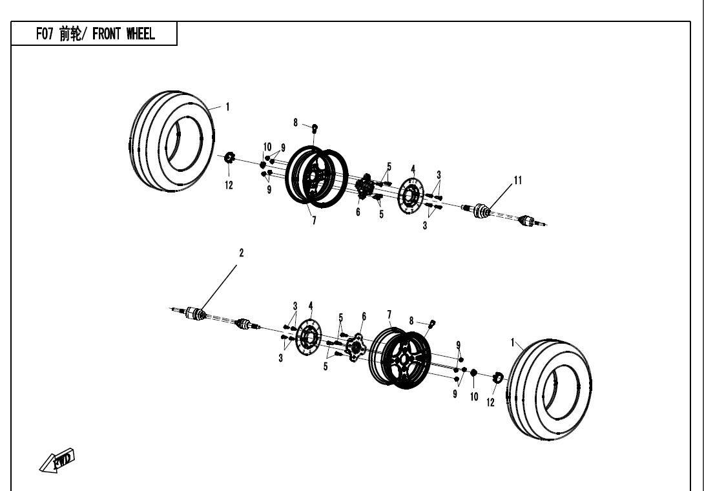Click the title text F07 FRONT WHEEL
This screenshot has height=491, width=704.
[x=95, y=34]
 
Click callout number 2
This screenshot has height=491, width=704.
[x=242, y=253]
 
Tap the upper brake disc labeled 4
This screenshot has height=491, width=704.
[x=410, y=194]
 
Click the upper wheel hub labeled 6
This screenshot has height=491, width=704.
[x=364, y=187]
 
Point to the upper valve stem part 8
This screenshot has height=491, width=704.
[x=315, y=127]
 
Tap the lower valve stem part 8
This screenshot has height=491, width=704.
[x=433, y=323]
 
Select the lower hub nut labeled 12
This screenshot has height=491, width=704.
[x=498, y=377]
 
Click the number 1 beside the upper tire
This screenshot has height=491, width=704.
[x=227, y=107]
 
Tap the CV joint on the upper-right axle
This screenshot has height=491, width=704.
[x=483, y=211]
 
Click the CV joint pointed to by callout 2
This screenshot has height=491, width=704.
[x=195, y=314]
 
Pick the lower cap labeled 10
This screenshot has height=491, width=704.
[x=473, y=373]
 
